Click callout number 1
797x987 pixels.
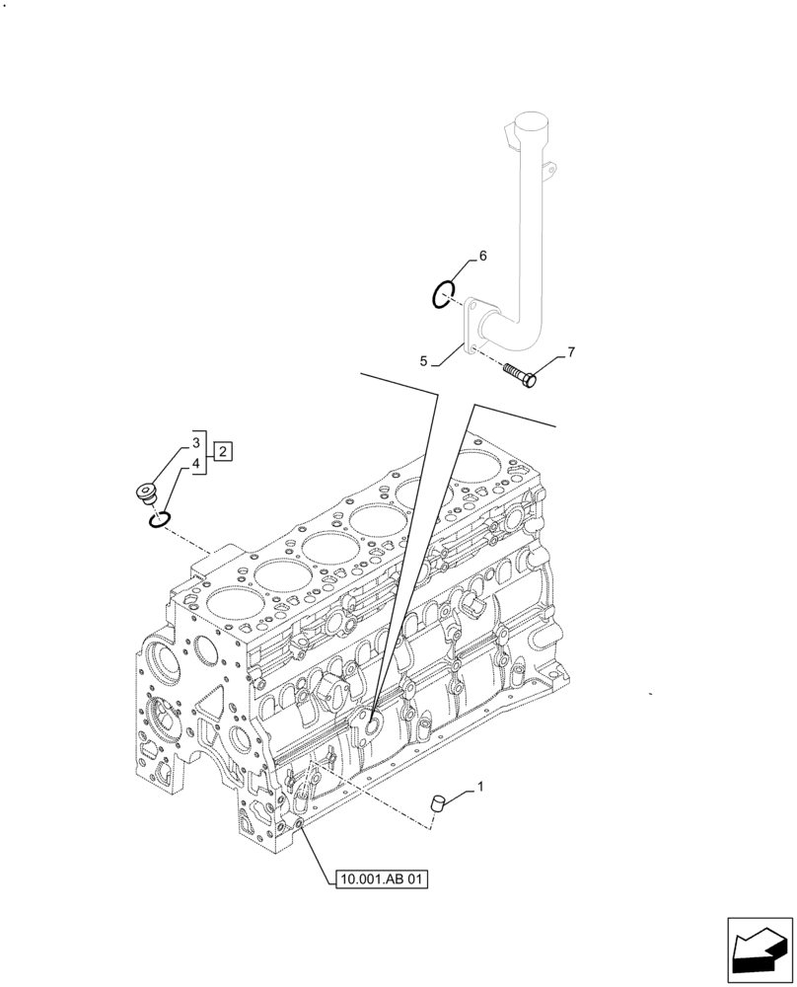[480, 787]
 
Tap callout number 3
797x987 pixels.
[196, 442]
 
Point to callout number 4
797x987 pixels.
[196, 463]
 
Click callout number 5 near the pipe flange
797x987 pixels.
[423, 362]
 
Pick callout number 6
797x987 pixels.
[482, 257]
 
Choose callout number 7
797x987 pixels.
[569, 351]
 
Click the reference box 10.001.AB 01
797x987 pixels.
[382, 878]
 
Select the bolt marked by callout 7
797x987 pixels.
[519, 374]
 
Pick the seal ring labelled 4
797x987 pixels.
[160, 518]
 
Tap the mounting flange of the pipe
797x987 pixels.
[471, 327]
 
